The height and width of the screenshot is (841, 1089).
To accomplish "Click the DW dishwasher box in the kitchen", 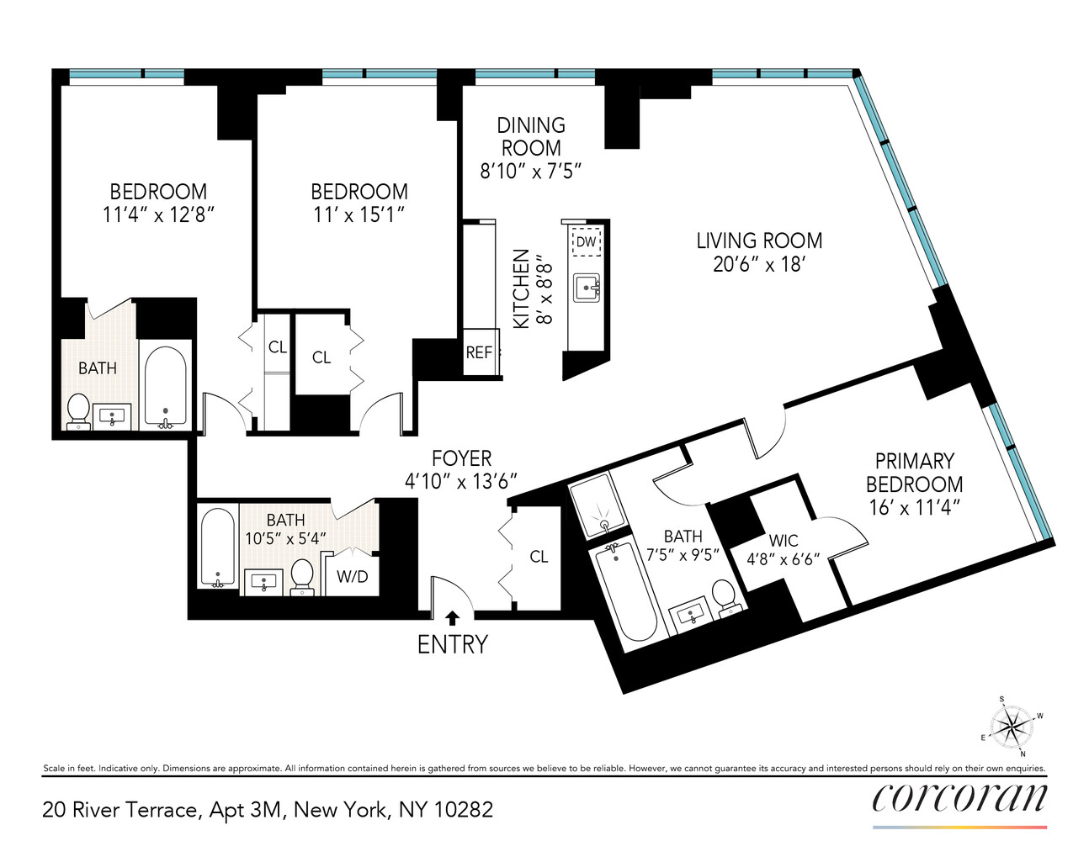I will pyautogui.click(x=586, y=242).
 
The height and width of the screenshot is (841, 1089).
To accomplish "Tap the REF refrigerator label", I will pyautogui.click(x=479, y=352).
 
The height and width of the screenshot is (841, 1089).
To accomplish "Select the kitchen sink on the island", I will pyautogui.click(x=587, y=288).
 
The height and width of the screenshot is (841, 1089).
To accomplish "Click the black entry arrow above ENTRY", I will pyautogui.click(x=452, y=618).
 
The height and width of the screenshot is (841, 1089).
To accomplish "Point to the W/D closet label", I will pyautogui.click(x=352, y=577).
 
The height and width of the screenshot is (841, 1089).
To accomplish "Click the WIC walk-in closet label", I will pyautogui.click(x=783, y=540).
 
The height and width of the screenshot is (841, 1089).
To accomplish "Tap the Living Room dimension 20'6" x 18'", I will pyautogui.click(x=759, y=264).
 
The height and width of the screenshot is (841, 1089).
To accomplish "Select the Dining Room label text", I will pyautogui.click(x=531, y=136).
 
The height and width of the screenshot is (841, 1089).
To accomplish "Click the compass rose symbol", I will pyautogui.click(x=1010, y=726).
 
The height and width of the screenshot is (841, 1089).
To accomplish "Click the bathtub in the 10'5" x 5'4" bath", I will pyautogui.click(x=218, y=547).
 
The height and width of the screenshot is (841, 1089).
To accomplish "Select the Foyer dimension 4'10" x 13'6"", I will pyautogui.click(x=460, y=481).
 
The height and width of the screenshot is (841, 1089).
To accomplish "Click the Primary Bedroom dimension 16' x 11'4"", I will pyautogui.click(x=914, y=507).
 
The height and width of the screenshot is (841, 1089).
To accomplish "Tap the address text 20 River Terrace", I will pyautogui.click(x=120, y=810).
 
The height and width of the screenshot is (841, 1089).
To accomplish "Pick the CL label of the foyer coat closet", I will pyautogui.click(x=539, y=557).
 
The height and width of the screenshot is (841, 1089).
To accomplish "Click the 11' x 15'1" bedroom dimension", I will pyautogui.click(x=359, y=214).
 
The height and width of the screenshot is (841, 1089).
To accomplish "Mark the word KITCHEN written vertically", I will pyautogui.click(x=522, y=288).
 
